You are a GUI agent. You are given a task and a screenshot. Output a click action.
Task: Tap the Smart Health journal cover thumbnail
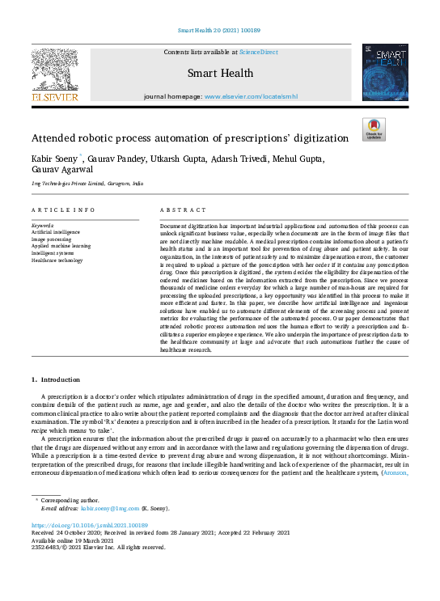385,73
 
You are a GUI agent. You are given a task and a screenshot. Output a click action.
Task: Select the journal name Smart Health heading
220,73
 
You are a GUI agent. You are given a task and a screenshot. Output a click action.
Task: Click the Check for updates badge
374,129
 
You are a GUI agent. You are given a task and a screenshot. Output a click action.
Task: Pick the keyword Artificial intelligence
57,231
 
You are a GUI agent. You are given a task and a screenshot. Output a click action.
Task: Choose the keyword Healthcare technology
57,260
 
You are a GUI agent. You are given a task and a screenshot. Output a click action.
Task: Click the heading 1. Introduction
56,379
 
